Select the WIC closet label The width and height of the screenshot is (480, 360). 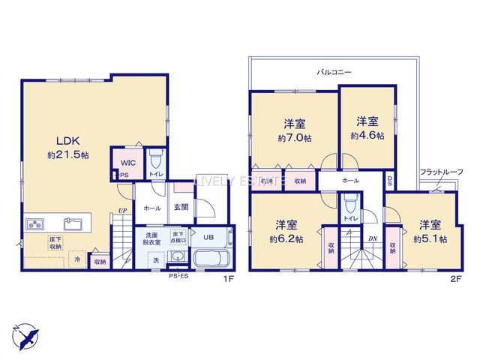[x=124, y=161]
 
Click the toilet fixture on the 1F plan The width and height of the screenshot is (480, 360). [x=155, y=160]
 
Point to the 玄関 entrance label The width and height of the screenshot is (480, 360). [x=181, y=208]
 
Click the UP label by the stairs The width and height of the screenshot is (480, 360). [x=121, y=211]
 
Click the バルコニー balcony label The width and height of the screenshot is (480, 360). [x=334, y=73]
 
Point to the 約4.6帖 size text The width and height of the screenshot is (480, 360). [x=367, y=136]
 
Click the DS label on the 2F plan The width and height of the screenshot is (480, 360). [x=390, y=180]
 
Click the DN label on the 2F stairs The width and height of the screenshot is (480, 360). [x=373, y=239]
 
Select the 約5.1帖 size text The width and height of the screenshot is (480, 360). [x=430, y=239]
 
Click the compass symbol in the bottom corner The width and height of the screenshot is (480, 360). [x=25, y=334]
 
